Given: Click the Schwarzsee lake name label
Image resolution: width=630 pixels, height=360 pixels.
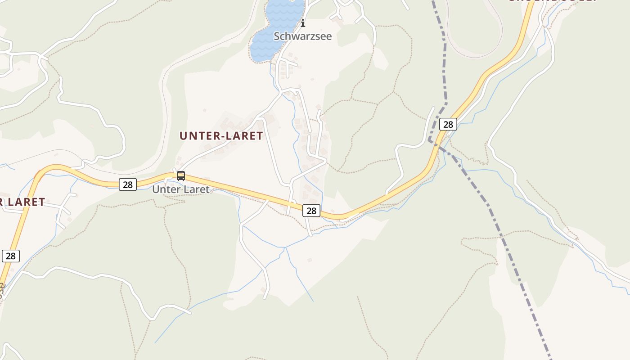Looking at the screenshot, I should tap(302, 36).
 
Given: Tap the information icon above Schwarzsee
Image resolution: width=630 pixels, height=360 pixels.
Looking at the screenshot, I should tap(303, 22).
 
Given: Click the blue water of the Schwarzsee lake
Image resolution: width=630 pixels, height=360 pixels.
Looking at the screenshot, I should tap(270, 36).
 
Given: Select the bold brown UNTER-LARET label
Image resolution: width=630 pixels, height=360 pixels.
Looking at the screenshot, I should tap(221, 136).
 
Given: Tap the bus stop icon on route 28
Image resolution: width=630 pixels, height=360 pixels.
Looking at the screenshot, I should tap(181, 176).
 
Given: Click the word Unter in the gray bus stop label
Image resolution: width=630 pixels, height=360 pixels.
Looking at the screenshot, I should tap(162, 189).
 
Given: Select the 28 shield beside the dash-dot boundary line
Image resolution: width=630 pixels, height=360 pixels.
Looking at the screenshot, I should tap(448, 124).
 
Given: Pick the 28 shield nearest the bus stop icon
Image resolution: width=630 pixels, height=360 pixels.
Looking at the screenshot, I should tap(128, 184).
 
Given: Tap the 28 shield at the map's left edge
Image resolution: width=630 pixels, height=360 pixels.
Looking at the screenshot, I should tap(11, 256).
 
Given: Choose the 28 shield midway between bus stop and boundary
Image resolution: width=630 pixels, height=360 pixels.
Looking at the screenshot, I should tap(311, 210).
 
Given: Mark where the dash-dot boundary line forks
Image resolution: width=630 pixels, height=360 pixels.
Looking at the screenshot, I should tap(431, 140).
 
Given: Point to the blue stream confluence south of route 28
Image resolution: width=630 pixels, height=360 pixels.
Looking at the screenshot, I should tap(285, 247).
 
